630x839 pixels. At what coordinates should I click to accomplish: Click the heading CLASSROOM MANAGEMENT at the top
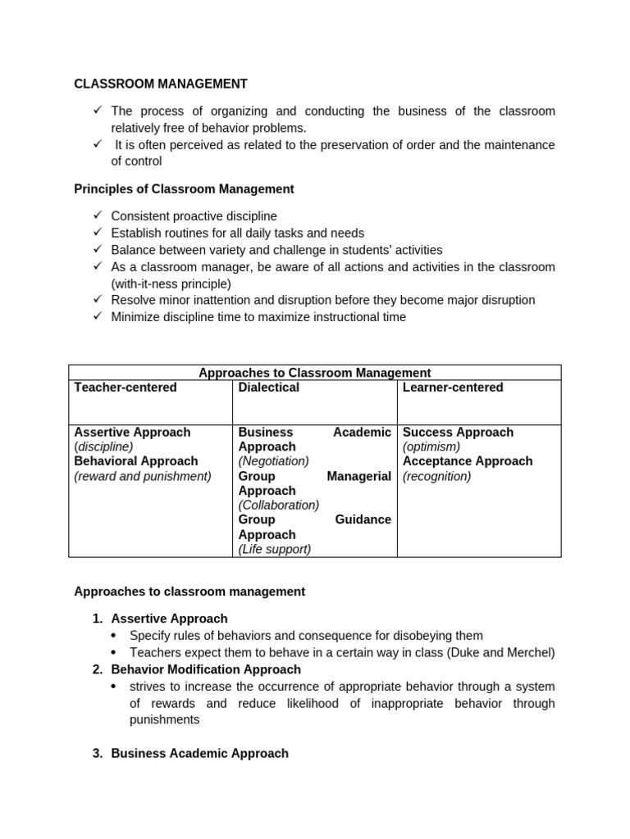(161, 84)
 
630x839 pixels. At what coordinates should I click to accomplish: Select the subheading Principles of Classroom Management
(184, 189)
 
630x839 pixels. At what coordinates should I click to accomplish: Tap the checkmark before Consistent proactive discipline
(97, 215)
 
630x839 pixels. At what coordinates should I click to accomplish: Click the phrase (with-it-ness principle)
(171, 283)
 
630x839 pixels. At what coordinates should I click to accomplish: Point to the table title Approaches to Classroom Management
(315, 373)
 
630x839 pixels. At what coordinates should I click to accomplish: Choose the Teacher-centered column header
(126, 388)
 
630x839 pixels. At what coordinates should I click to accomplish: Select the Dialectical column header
(268, 388)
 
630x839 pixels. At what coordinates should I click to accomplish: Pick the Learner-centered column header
(453, 388)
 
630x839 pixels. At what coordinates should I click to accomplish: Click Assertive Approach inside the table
(132, 432)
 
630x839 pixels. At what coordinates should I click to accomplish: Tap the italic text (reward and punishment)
(143, 476)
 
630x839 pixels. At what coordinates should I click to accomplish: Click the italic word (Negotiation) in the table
(273, 461)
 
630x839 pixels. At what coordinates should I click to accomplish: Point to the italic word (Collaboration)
(279, 506)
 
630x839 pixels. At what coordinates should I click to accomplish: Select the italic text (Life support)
(275, 550)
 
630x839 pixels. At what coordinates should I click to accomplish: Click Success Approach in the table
(458, 432)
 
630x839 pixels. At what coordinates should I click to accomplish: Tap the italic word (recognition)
(436, 476)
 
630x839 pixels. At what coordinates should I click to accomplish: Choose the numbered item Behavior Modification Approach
(206, 669)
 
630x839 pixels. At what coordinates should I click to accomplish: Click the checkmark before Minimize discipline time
(97, 316)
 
